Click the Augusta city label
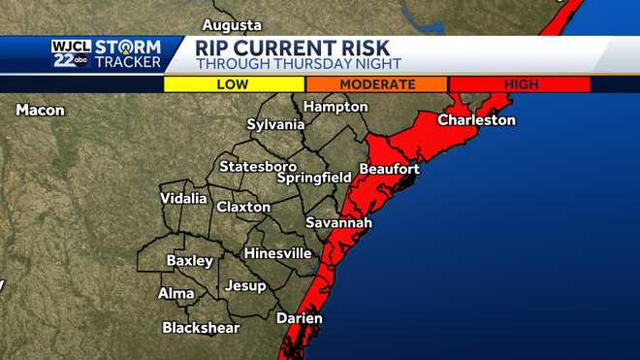(x=232, y=24)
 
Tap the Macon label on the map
(x=40, y=111)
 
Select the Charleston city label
(x=476, y=120)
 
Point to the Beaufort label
(x=389, y=169)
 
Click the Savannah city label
(x=338, y=223)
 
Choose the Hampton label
(x=336, y=107)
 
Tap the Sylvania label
(x=275, y=125)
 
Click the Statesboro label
(x=257, y=167)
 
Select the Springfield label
(x=314, y=179)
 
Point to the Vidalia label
(x=183, y=199)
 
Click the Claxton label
(x=243, y=208)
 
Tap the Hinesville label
(x=278, y=253)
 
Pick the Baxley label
(x=189, y=261)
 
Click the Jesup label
(x=244, y=285)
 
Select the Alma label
(x=176, y=293)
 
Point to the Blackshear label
(x=201, y=328)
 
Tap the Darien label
(x=299, y=318)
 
